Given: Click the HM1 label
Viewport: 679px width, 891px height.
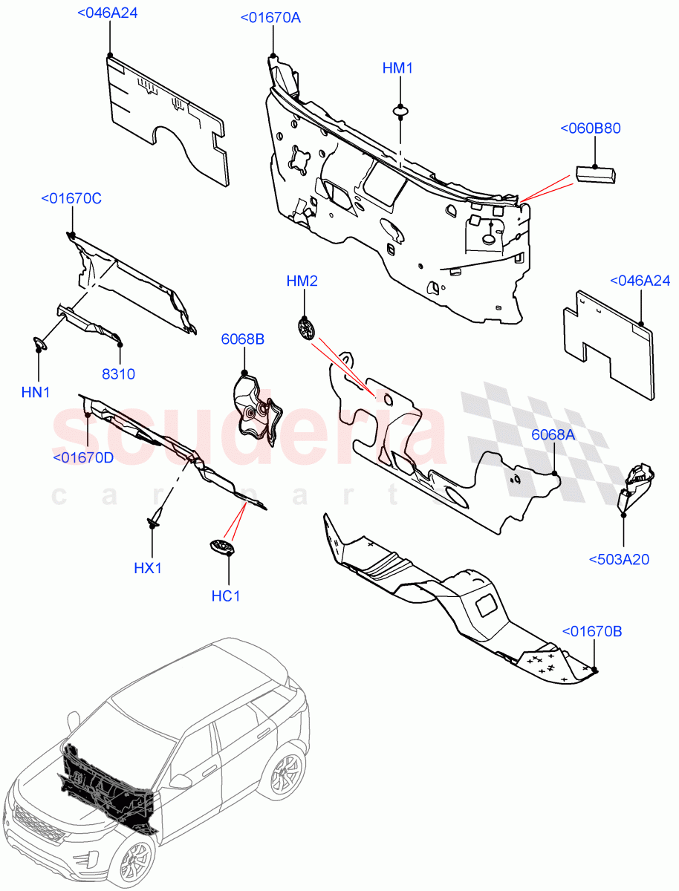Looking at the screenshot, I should click(x=397, y=68).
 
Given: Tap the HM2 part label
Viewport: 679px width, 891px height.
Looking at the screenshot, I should click(x=302, y=281).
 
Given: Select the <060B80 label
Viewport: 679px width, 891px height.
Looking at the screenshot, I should click(x=590, y=128).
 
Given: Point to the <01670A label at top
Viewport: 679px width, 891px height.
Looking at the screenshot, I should click(x=270, y=18).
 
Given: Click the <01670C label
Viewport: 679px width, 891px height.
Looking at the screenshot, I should click(x=71, y=198).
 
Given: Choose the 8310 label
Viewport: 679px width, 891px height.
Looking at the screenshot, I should click(x=118, y=374).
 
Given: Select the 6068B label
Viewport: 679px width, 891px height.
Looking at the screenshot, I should click(x=242, y=339).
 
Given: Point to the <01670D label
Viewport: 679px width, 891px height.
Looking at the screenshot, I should click(x=83, y=457).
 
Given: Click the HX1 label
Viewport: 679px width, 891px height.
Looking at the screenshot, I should click(x=148, y=568).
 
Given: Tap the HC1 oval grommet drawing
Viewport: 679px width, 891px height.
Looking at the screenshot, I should click(x=222, y=548).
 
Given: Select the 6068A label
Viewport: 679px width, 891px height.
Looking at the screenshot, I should click(x=553, y=435).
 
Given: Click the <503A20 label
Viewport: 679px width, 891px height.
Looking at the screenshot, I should click(x=618, y=559).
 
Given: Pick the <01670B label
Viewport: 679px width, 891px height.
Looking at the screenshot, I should click(x=591, y=632).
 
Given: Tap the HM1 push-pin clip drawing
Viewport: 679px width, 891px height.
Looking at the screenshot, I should click(x=400, y=112).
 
